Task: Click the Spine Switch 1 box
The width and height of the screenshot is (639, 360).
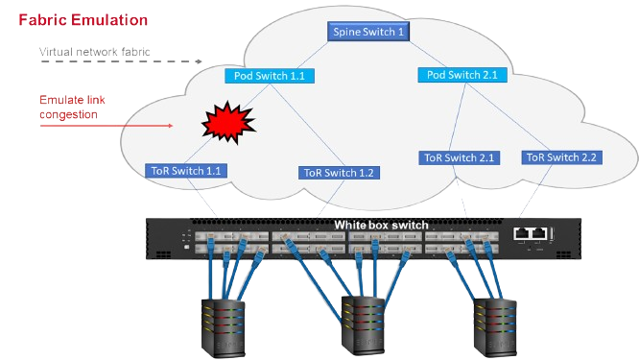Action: pos(369,32)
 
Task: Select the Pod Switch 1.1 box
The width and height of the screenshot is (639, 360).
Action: pos(269,75)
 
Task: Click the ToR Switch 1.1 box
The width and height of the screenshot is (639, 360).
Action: pos(187,170)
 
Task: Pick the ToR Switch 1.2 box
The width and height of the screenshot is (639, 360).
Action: pos(338,173)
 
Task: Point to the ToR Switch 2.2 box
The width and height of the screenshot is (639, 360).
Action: pos(560,156)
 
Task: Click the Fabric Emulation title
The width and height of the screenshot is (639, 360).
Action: pos(83,19)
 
